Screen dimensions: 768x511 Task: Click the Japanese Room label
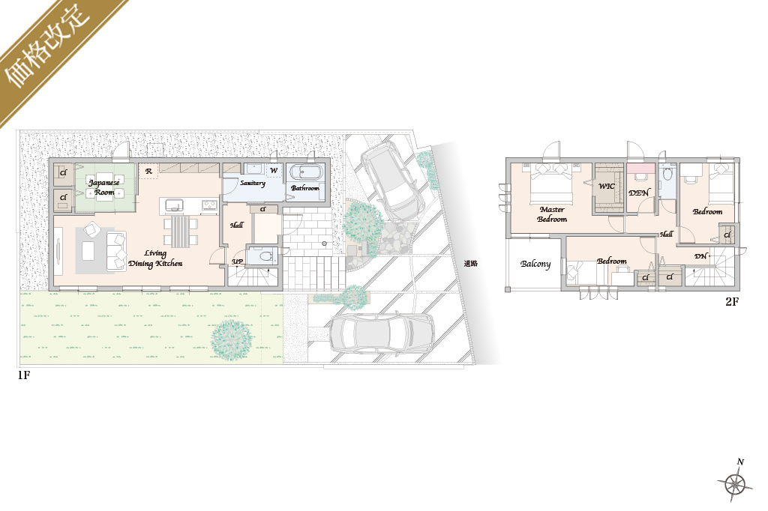[103, 187]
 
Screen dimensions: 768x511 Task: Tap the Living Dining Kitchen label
[155, 258]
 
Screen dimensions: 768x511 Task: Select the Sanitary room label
[253, 183]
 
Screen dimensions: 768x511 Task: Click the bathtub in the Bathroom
[307, 173]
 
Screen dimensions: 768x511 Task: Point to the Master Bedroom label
[552, 214]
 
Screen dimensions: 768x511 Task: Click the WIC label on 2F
[606, 186]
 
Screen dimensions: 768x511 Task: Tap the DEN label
[639, 193]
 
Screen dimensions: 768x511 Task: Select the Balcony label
[535, 264]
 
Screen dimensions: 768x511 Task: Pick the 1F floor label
[24, 375]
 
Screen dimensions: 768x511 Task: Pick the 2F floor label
[732, 301]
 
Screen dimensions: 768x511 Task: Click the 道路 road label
[471, 264]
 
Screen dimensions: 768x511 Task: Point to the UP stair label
[238, 261]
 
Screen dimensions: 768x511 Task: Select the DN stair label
[701, 256]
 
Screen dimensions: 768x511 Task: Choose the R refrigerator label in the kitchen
[148, 172]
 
